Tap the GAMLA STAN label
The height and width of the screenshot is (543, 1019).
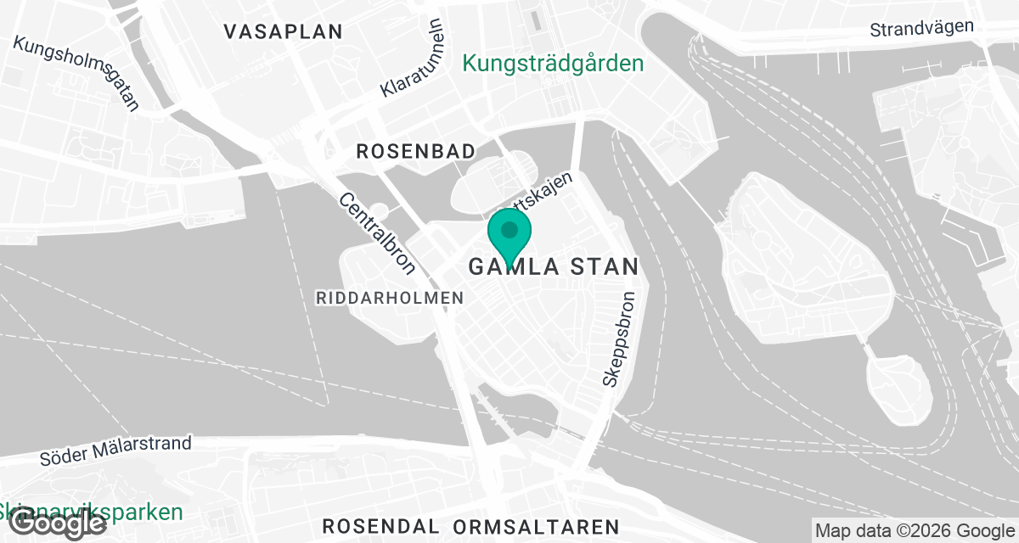[x=553, y=266]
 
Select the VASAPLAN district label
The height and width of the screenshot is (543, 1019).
[x=283, y=31]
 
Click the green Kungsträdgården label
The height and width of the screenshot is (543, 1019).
[x=553, y=63]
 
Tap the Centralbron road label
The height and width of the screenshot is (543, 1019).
[x=377, y=233]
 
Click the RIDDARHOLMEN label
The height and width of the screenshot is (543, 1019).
[x=390, y=298]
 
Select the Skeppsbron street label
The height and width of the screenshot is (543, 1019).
[x=619, y=340]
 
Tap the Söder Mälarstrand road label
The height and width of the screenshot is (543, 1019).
[x=115, y=451]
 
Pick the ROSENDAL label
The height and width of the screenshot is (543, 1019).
[x=380, y=526]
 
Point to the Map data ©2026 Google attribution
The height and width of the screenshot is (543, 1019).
[x=914, y=530]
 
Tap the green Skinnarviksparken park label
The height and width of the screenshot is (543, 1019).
[x=92, y=512]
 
